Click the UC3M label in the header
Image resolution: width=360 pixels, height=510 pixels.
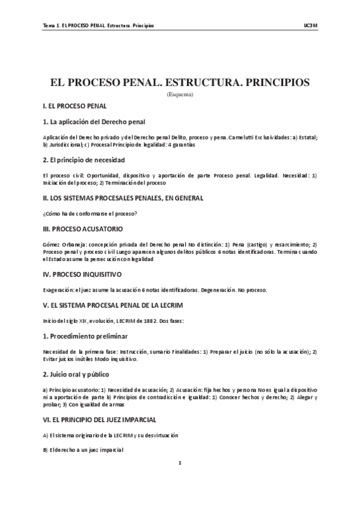click(x=310, y=26)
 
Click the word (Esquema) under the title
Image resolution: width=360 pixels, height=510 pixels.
click(x=180, y=94)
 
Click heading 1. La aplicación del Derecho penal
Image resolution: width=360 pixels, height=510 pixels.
click(x=94, y=121)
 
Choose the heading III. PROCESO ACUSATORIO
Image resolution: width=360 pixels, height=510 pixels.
click(x=83, y=229)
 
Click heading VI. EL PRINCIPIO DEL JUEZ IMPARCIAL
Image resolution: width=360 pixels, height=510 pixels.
click(x=109, y=419)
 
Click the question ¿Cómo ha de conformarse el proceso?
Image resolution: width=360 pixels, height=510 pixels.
click(x=90, y=214)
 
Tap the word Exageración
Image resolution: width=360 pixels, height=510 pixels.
click(x=58, y=290)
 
